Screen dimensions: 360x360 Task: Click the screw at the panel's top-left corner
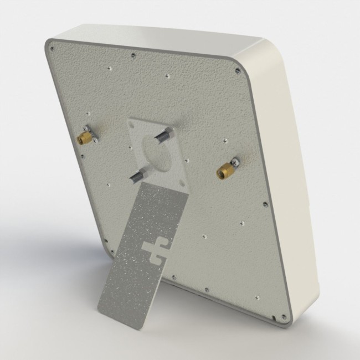coord(52,49)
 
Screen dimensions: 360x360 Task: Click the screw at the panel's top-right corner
coord(237,70)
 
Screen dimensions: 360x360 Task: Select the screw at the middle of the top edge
coord(133,55)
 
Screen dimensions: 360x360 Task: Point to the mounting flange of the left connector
coord(90,133)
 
